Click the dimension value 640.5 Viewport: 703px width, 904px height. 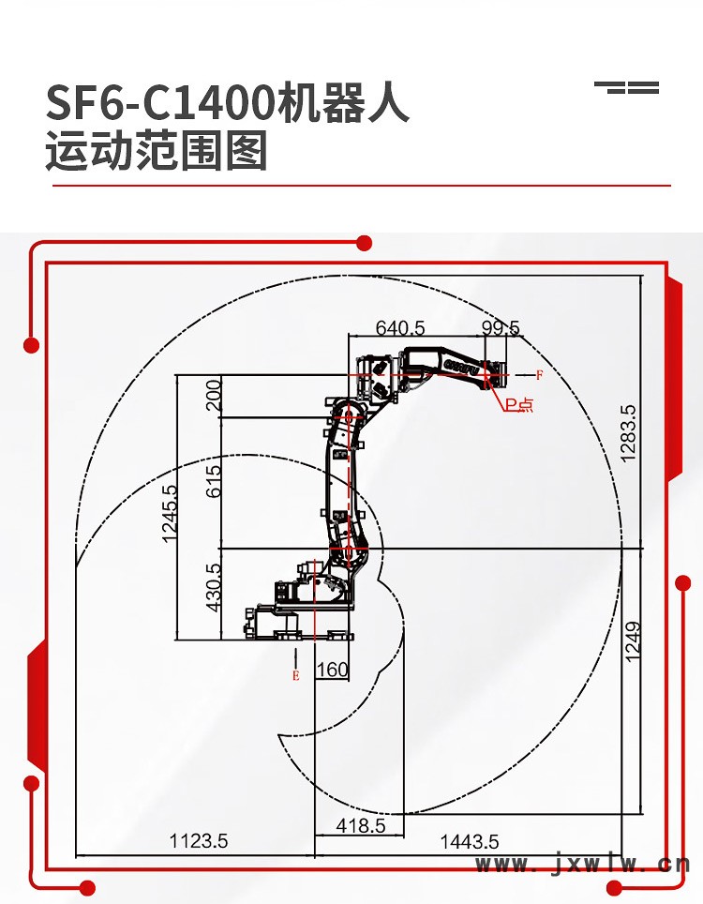pos(400,328)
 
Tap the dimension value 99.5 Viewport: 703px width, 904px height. pos(501,328)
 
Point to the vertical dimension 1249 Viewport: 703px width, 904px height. pos(633,641)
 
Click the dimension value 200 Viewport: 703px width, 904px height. pos(215,395)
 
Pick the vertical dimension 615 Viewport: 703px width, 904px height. pos(215,481)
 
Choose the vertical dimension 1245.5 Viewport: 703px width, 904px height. pos(170,514)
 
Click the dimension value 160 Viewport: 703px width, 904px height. pos(333,670)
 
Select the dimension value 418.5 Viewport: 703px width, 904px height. pos(361,826)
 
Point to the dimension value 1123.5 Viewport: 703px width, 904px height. pos(198,841)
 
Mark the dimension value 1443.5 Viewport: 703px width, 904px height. pos(470,841)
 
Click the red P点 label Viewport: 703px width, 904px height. pos(518,404)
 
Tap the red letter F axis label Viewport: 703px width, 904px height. pos(539,375)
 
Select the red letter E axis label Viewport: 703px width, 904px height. pos(296,674)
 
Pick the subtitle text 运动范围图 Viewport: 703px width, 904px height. pos(157,152)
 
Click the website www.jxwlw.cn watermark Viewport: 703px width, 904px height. pos(582,865)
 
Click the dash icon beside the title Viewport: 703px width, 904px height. pos(627,88)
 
